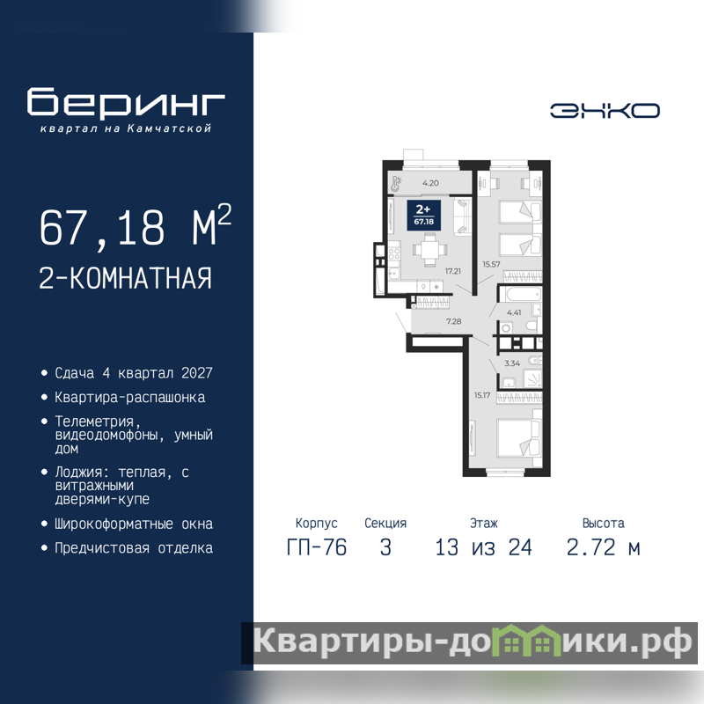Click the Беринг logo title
click(x=126, y=102)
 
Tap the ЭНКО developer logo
click(x=605, y=111)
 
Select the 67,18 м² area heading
click(x=136, y=226)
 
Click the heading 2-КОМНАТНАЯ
click(x=125, y=278)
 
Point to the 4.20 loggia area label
click(x=430, y=183)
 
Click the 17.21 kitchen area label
click(x=452, y=271)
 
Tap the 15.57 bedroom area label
click(x=491, y=264)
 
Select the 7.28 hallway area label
click(x=453, y=321)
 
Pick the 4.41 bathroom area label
click(x=514, y=312)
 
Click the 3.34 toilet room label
click(x=512, y=363)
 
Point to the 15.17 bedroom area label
click(x=481, y=395)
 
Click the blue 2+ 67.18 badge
click(x=423, y=215)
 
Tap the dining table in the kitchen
click(x=429, y=251)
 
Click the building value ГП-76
click(x=317, y=547)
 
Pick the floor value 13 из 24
click(x=483, y=547)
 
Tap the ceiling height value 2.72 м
click(x=603, y=547)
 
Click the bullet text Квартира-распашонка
click(x=129, y=398)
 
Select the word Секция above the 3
click(x=385, y=523)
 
